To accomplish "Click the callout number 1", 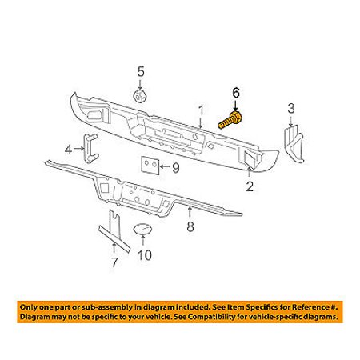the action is point(201,110).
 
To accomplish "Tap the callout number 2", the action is point(250,186).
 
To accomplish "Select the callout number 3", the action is point(291,109).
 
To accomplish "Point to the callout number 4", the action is point(69,150).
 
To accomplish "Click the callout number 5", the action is point(141,71).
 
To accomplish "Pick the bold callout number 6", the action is point(236,93).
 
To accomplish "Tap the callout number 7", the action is point(114,262).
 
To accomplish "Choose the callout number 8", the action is point(190,226).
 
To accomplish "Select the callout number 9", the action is point(176,168).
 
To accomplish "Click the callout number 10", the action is point(145,255).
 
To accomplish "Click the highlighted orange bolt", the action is point(230,121).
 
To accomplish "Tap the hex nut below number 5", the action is point(139,96).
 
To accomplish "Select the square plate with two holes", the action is point(150,166).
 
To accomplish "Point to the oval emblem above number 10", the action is point(142,230).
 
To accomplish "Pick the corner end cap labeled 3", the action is point(293,144).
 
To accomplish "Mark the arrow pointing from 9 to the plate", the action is point(165,167).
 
